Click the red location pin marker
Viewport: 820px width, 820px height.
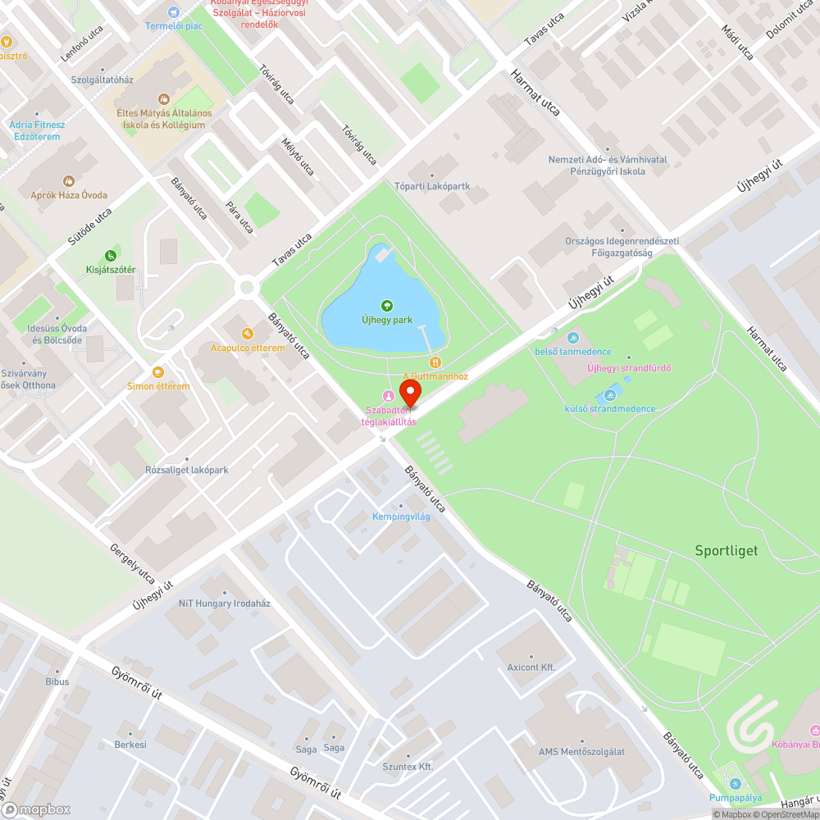pos(409,392)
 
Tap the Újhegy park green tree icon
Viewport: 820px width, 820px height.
pos(389,306)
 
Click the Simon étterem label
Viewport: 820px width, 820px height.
pos(158,386)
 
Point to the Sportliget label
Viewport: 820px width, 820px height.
pos(726,550)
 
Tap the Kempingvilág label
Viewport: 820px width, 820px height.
pos(401,517)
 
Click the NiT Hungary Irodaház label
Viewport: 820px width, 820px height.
pos(225,603)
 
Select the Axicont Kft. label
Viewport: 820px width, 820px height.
pos(531,667)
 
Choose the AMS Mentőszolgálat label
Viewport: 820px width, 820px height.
pos(581,752)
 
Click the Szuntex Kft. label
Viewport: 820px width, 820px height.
pos(408,767)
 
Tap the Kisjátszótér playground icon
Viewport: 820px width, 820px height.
pos(111,256)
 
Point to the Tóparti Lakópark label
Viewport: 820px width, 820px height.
pos(432,186)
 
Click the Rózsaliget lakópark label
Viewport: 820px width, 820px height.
pos(186,470)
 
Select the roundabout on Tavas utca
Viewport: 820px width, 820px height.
pos(246,287)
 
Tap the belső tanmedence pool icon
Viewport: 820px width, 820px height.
pos(572,337)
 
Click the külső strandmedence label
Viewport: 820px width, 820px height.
pos(610,408)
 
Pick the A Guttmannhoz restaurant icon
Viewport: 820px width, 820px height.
pos(435,362)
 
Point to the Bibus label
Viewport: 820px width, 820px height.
pos(57,681)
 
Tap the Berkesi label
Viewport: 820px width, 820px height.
pos(131,745)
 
